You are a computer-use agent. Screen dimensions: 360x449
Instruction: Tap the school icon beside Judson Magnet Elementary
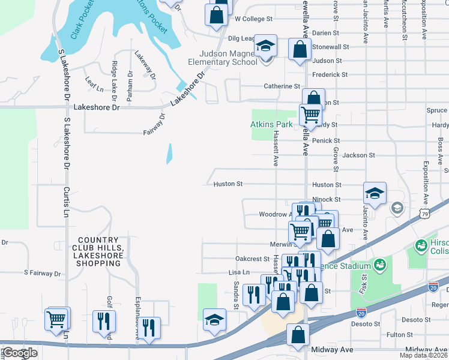pos(265,47)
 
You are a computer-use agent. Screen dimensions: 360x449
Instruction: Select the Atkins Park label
pos(271,125)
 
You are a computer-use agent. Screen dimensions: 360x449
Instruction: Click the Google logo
pos(19,353)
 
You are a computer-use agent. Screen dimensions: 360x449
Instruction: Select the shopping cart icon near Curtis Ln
pos(57,319)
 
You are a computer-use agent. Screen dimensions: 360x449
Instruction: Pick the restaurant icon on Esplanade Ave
pos(149,328)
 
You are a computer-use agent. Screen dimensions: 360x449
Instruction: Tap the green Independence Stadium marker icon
pos(379,264)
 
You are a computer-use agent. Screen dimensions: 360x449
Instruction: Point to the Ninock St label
pos(326,199)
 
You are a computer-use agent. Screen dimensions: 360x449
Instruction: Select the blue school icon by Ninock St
pos(375,194)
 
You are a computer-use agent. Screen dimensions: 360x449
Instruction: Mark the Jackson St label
pos(358,155)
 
